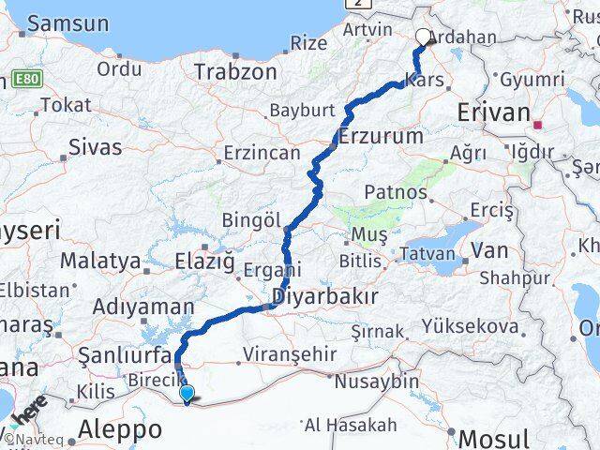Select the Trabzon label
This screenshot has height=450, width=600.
235,72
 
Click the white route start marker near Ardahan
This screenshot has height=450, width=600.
423,37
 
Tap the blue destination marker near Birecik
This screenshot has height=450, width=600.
187,394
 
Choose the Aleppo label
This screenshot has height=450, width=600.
121,429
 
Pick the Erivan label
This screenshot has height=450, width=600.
494,112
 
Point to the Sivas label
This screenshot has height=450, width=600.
95,146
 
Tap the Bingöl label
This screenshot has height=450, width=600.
251,219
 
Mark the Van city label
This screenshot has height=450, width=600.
489,250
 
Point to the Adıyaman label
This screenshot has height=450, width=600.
143,307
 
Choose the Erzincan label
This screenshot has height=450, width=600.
262,153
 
